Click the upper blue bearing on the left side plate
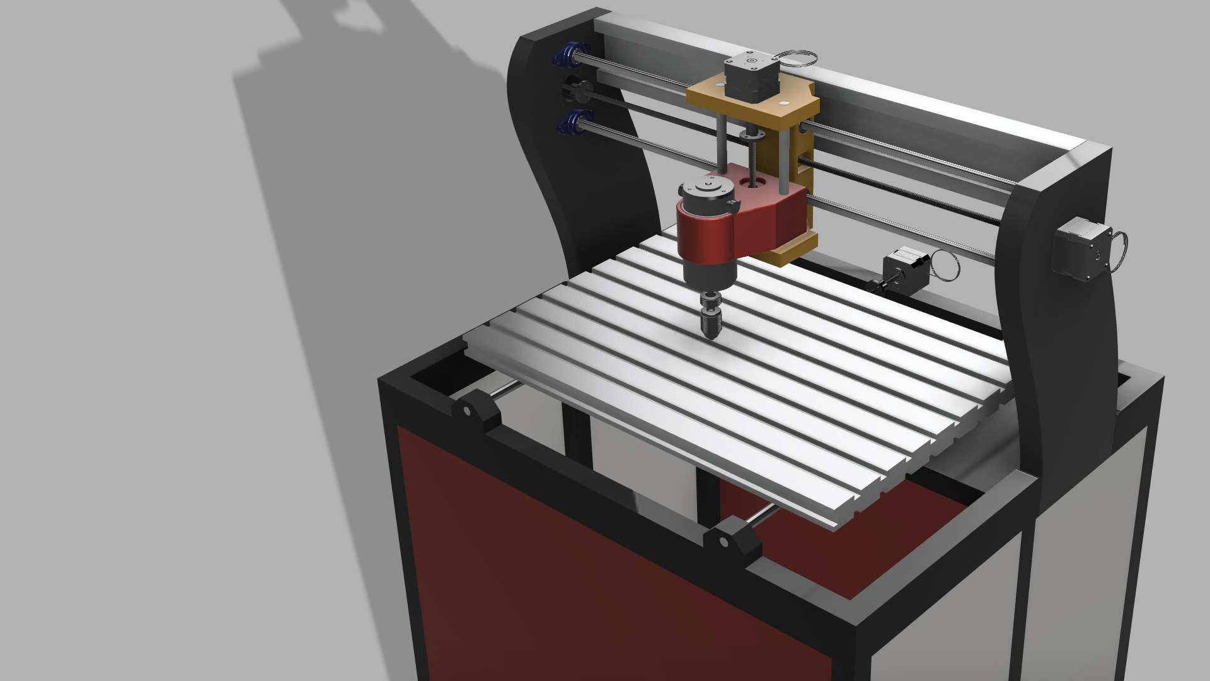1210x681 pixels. point(567,54)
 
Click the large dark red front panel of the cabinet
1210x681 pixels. point(567,567)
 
